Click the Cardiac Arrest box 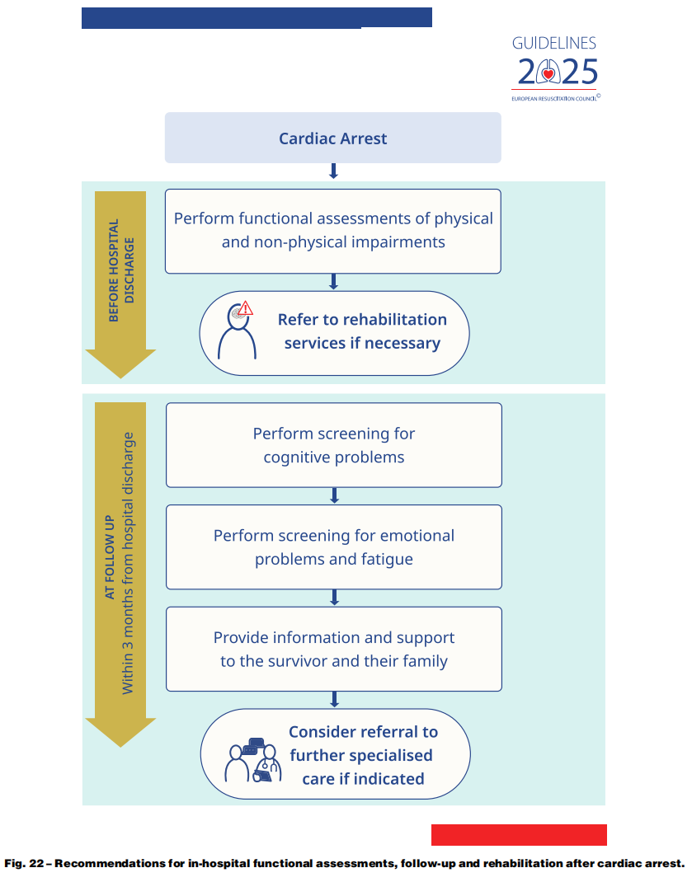point(332,138)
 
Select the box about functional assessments point(332,231)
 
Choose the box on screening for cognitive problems point(333,445)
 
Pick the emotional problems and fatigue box point(333,547)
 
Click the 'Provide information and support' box point(333,649)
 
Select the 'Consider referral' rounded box point(335,753)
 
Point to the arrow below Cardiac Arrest point(333,171)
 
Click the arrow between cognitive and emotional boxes point(334,495)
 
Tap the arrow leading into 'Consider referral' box point(334,699)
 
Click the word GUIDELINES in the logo point(553,44)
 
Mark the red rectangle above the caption point(519,834)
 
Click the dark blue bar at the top point(257,17)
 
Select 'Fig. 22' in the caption point(21,863)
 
